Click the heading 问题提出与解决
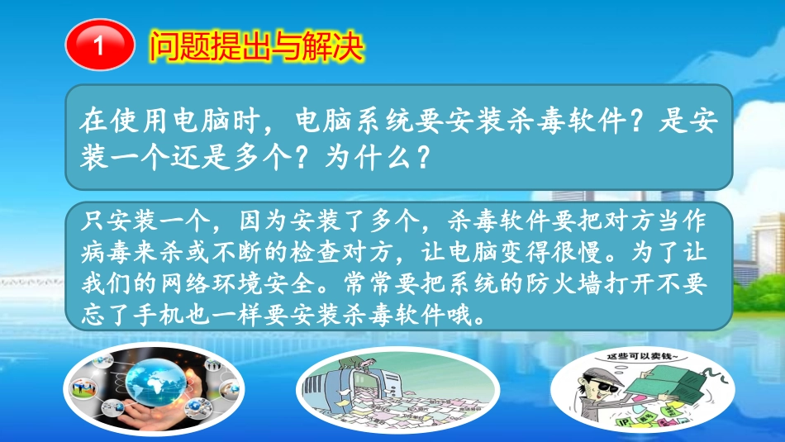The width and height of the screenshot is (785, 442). coord(256,46)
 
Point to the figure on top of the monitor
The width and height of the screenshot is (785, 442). coord(357,360)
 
